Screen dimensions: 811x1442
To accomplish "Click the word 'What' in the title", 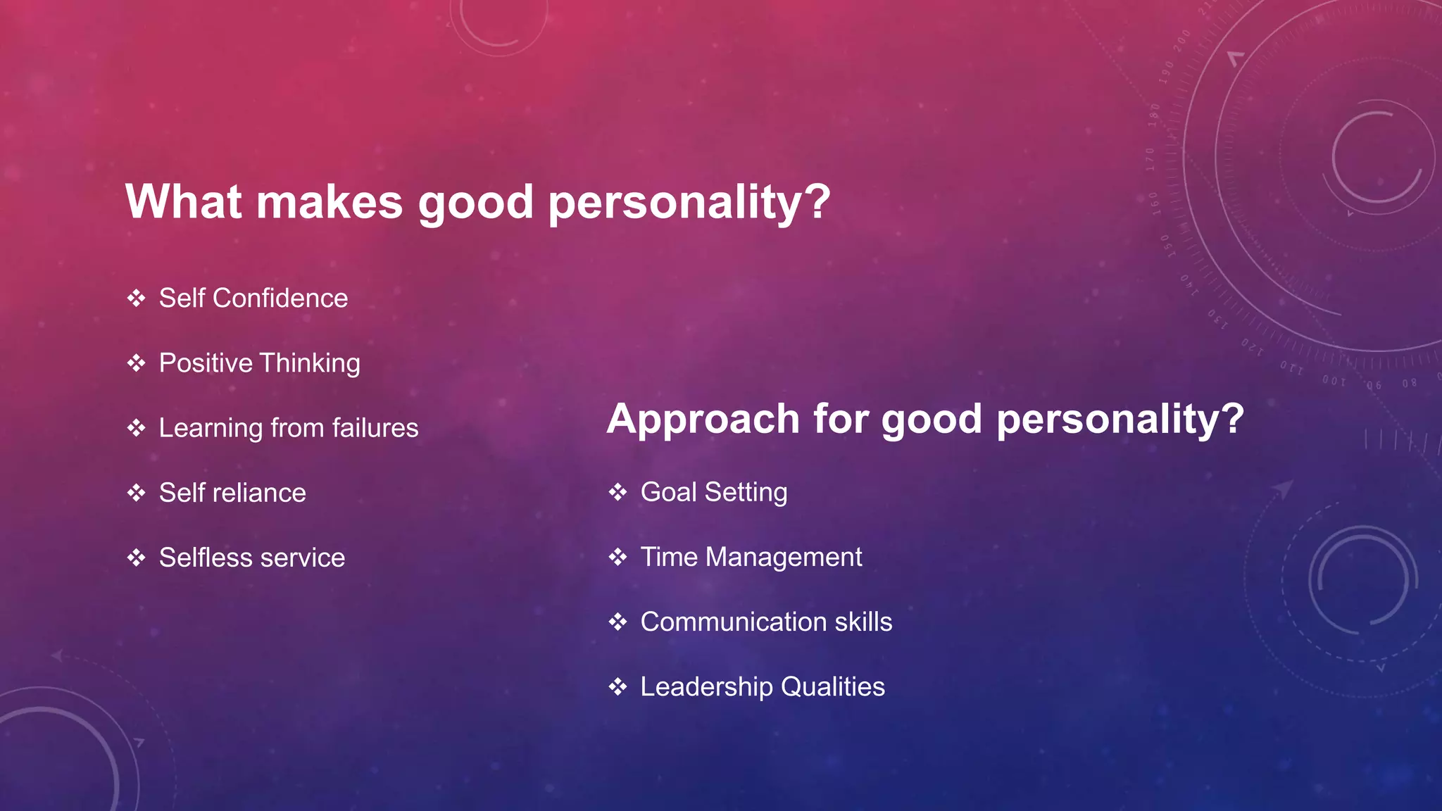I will pyautogui.click(x=184, y=202).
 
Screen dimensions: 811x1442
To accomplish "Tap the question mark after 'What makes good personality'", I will pyautogui.click(x=817, y=202).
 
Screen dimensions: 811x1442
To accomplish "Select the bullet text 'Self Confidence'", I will pyautogui.click(x=253, y=298).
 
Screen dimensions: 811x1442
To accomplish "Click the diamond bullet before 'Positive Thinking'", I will pyautogui.click(x=136, y=363).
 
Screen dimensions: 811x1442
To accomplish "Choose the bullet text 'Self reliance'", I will pyautogui.click(x=232, y=493).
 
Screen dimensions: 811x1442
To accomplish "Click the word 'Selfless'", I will pyautogui.click(x=205, y=558).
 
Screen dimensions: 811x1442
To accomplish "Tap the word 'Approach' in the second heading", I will pyautogui.click(x=703, y=420).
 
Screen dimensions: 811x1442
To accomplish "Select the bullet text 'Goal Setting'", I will pyautogui.click(x=713, y=492).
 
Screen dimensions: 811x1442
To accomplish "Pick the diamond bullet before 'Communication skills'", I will pyautogui.click(x=617, y=622).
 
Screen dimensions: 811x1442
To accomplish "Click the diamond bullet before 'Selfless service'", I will pyautogui.click(x=136, y=558).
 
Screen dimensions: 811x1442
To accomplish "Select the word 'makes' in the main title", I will pyautogui.click(x=329, y=202).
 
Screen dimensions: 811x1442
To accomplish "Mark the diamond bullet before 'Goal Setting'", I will pyautogui.click(x=617, y=492).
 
